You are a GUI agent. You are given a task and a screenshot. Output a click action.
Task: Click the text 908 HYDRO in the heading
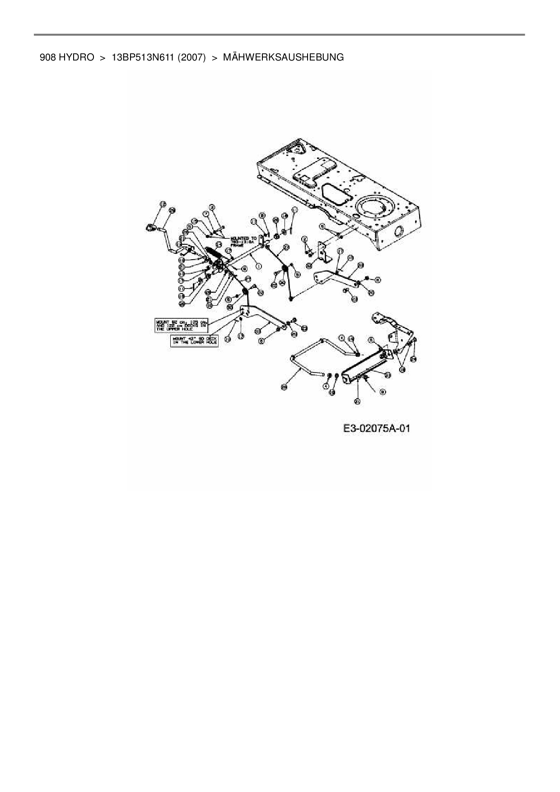pyautogui.click(x=67, y=57)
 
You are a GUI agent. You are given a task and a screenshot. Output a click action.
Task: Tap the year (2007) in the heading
pyautogui.click(x=191, y=57)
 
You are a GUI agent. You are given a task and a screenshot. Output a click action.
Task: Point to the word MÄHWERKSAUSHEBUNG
pyautogui.click(x=283, y=57)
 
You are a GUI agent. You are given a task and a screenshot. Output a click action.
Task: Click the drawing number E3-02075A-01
pyautogui.click(x=376, y=428)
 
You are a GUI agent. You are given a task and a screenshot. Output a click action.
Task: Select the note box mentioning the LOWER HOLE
pyautogui.click(x=194, y=340)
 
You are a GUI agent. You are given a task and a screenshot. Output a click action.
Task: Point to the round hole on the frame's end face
pyautogui.click(x=399, y=232)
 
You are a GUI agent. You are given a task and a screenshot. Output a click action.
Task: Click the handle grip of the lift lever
pyautogui.click(x=150, y=228)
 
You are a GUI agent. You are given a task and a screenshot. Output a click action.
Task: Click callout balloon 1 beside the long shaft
pyautogui.click(x=258, y=267)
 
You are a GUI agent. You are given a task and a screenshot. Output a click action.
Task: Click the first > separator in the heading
pyautogui.click(x=103, y=57)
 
